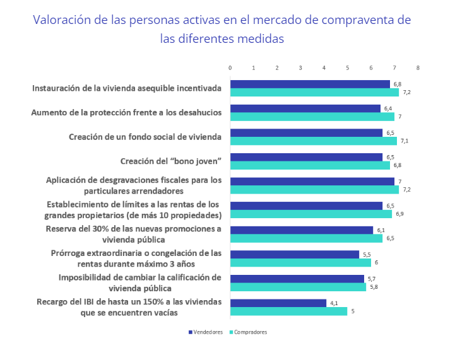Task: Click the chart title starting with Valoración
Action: click(222, 29)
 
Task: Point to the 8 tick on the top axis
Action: click(418, 67)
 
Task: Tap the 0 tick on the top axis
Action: click(230, 67)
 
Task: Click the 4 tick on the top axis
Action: click(324, 67)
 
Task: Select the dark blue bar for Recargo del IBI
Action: click(278, 303)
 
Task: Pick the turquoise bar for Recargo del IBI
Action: click(288, 311)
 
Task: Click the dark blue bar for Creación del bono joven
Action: click(306, 157)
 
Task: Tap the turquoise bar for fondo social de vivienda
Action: click(313, 141)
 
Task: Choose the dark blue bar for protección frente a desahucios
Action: click(305, 108)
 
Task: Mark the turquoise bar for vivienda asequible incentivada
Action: click(314, 92)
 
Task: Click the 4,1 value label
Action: click(334, 303)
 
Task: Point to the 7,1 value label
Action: click(405, 141)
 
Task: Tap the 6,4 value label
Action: click(387, 108)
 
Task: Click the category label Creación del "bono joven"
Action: click(170, 161)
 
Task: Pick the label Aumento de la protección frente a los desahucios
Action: click(126, 112)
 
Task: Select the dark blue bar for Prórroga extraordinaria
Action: click(295, 254)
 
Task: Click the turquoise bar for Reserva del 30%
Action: click(306, 238)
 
